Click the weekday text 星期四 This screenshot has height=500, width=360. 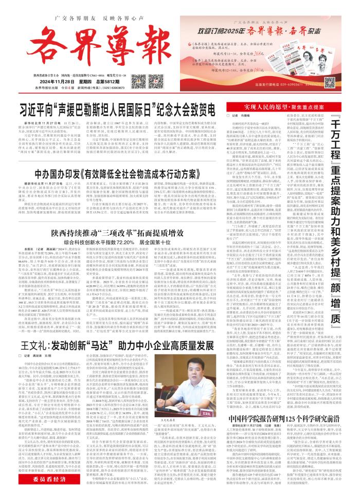(x=77, y=66)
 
